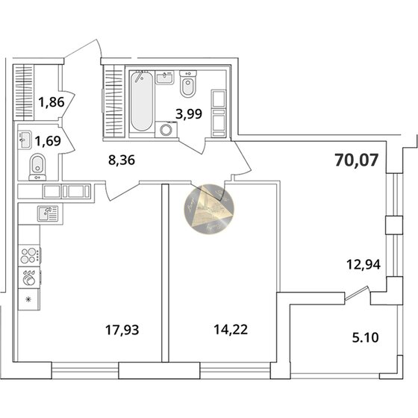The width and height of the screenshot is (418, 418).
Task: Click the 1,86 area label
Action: click(x=31, y=104)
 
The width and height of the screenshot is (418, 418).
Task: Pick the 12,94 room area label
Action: click(x=359, y=262)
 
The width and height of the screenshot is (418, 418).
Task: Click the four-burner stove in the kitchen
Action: click(x=31, y=255)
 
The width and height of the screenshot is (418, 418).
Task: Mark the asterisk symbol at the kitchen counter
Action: click(x=28, y=300)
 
